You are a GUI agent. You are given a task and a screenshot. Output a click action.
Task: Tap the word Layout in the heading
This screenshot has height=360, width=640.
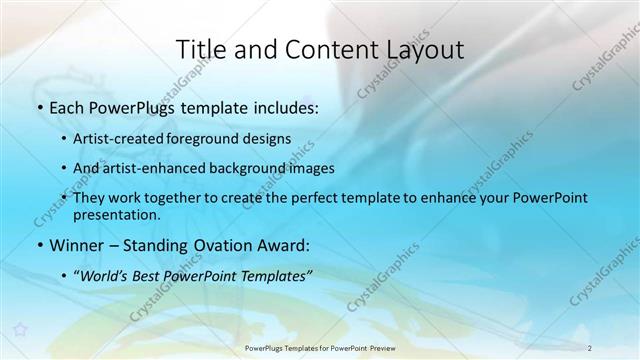pos(424,49)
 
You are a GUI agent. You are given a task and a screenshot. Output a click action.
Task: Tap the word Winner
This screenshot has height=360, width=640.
pos(76,244)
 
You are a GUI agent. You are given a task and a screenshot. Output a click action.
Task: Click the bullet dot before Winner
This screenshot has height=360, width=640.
pos(39,244)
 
